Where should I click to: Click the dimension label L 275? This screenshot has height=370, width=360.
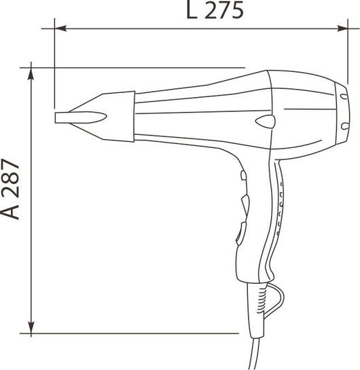pyautogui.click(x=215, y=10)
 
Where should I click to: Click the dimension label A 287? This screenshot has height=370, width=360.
pyautogui.click(x=10, y=189)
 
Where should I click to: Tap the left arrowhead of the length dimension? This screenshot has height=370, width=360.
pyautogui.click(x=60, y=29)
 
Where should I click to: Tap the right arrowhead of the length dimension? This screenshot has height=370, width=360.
pyautogui.click(x=342, y=29)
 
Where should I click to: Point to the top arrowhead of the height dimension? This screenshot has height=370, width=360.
pyautogui.click(x=31, y=73)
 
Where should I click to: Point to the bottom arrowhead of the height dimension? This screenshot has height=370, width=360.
pyautogui.click(x=31, y=327)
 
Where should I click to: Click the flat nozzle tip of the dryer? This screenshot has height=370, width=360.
pyautogui.click(x=81, y=117)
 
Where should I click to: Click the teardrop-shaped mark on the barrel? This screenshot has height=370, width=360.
pyautogui.click(x=266, y=122)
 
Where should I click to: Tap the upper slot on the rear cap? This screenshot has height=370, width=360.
pyautogui.click(x=344, y=96)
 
